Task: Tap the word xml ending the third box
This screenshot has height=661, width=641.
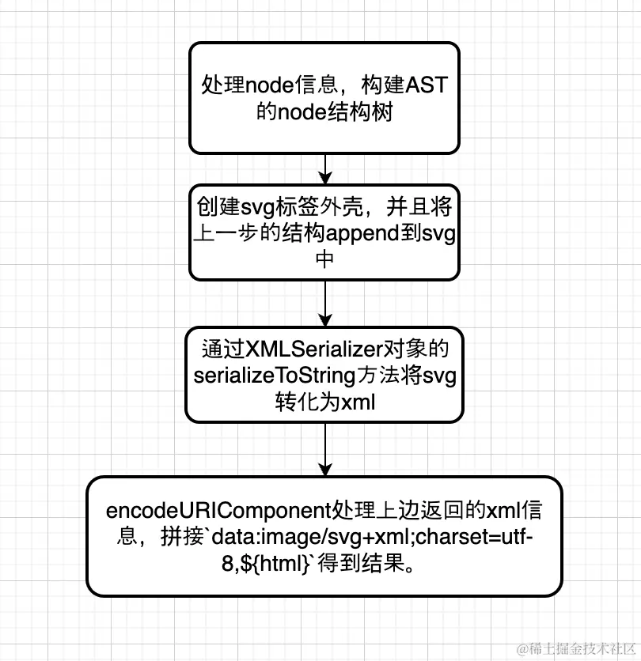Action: [x=357, y=402]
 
